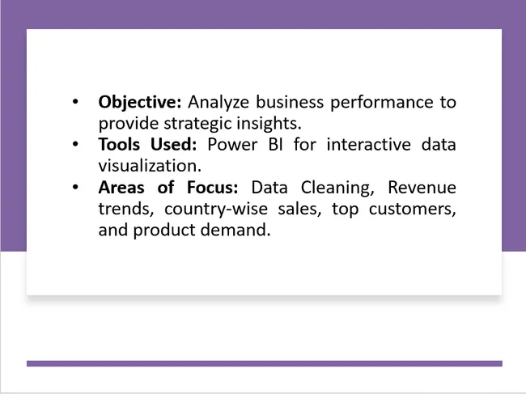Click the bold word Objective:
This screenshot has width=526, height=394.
pos(140,103)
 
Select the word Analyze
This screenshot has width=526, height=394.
pos(218,103)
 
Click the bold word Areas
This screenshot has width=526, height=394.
pos(121,188)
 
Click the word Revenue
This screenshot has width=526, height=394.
pos(421,188)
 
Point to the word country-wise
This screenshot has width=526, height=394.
pos(210,209)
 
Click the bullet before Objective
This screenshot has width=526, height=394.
pos(75,103)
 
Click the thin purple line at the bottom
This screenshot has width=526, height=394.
pos(264,363)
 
